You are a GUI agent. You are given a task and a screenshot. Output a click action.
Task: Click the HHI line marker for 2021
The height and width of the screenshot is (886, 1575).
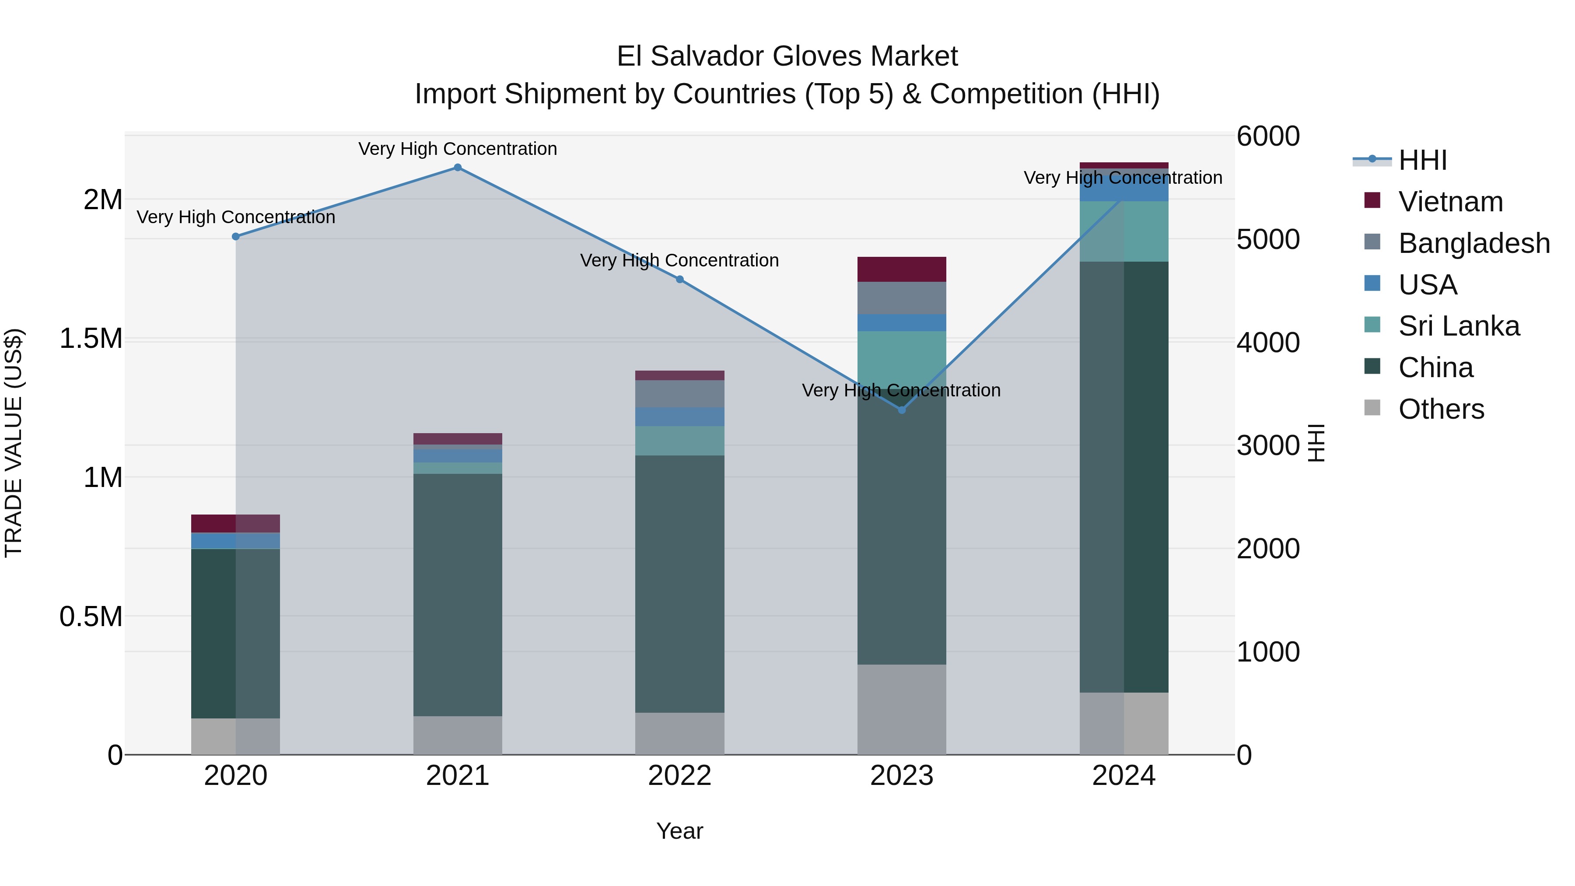coord(457,168)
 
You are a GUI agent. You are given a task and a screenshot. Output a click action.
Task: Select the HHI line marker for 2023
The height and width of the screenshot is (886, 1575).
coord(901,410)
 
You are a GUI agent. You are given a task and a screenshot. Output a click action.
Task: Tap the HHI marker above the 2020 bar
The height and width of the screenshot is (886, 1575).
coord(235,237)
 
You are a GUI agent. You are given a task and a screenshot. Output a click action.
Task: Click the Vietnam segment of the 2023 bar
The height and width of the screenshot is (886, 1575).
coord(901,269)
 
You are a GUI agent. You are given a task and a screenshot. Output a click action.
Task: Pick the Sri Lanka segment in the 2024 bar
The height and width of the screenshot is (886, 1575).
coord(1124,231)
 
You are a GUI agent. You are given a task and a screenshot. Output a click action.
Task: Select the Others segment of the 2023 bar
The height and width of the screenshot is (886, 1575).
coord(901,709)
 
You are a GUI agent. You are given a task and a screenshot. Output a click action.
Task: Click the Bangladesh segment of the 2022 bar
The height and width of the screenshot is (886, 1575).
coord(679,394)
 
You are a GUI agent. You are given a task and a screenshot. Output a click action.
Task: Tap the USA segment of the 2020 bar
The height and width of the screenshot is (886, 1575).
coord(235,540)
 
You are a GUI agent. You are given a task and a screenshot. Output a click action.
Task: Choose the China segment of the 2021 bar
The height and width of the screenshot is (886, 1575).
coord(457,594)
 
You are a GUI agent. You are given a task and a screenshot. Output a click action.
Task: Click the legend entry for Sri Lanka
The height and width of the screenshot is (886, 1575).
coord(1458,326)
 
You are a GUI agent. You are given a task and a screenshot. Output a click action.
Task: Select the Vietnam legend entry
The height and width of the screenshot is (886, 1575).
coord(1450,202)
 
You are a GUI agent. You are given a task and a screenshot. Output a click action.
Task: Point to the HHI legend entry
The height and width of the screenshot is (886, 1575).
coord(1422,160)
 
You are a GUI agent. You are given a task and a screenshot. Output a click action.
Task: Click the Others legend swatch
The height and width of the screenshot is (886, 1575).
coord(1372,408)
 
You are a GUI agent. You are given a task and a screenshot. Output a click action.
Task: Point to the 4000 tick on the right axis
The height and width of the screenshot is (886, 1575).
coord(1267,343)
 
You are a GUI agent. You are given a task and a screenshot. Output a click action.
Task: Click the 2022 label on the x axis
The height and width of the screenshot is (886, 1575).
coord(679,776)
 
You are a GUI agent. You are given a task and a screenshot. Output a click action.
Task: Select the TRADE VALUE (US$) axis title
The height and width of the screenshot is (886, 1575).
coord(14,443)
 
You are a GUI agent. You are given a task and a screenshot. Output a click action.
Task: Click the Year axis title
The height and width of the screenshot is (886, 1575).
coord(679,831)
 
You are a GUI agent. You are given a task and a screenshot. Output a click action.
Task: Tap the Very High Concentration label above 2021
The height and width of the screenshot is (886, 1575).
coord(457,149)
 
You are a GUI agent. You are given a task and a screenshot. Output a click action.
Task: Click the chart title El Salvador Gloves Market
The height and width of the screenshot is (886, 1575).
coord(787,56)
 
